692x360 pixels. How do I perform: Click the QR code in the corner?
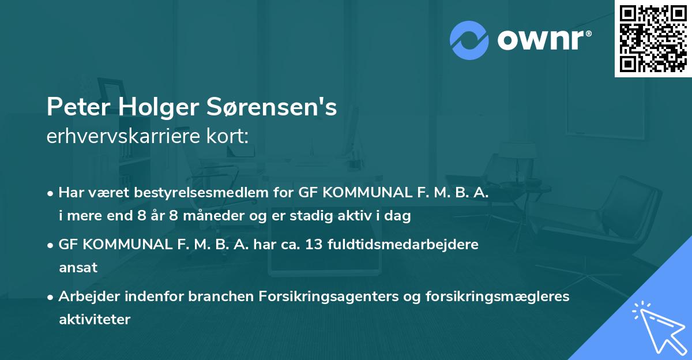coord(653,38)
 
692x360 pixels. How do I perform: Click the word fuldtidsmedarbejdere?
coord(403,245)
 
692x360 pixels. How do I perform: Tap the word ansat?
coord(78,268)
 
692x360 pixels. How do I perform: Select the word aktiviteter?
coord(95,319)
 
